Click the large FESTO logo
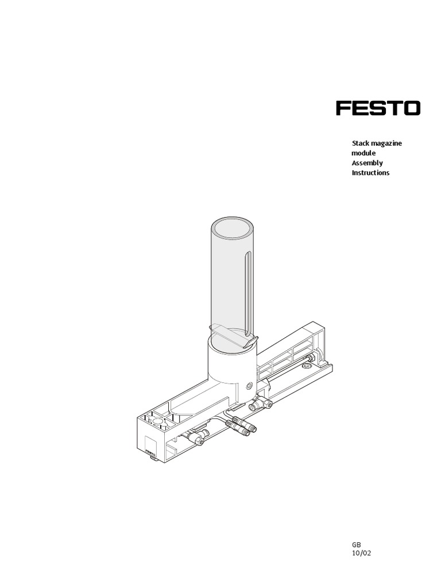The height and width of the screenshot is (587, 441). click(378, 108)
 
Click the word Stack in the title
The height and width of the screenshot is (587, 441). click(361, 143)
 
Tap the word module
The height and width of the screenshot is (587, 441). click(363, 152)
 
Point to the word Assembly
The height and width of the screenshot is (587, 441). click(367, 163)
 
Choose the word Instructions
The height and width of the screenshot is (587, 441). click(370, 173)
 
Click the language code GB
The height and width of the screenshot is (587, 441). click(356, 545)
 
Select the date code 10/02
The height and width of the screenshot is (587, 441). click(361, 553)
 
